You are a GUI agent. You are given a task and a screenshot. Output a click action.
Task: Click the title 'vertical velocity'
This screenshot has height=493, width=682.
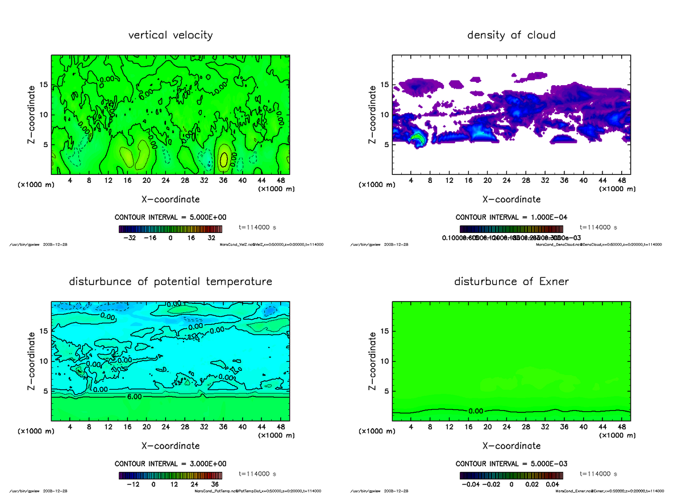[170, 35]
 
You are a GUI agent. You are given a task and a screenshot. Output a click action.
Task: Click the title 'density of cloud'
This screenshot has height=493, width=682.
[511, 35]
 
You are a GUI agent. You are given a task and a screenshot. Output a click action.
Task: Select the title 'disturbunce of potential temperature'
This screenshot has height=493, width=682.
[170, 282]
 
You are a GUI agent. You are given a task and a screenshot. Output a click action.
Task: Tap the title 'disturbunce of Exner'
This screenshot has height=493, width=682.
[511, 282]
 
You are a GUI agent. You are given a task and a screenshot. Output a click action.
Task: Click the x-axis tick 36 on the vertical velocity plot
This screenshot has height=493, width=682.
[223, 181]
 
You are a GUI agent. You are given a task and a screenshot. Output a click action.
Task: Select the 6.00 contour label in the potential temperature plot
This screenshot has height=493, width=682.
[135, 398]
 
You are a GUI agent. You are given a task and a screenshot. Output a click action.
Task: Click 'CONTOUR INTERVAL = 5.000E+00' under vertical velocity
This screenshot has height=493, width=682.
[170, 218]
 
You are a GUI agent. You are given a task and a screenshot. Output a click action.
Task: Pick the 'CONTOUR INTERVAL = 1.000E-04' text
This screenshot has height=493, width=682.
[511, 218]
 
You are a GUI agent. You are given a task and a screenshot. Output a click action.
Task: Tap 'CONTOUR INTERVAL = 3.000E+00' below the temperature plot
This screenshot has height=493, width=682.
[170, 463]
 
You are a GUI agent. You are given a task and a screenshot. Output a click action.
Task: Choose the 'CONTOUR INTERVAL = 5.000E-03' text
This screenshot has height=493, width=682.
[511, 463]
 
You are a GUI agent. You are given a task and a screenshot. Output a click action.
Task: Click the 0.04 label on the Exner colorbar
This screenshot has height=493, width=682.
[553, 484]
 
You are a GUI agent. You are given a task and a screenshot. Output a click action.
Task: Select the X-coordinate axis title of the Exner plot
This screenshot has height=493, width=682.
[511, 446]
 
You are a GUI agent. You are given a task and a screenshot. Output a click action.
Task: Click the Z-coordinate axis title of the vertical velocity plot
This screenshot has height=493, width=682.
[33, 115]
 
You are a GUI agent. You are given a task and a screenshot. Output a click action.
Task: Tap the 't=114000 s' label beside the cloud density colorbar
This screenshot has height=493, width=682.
[598, 227]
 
